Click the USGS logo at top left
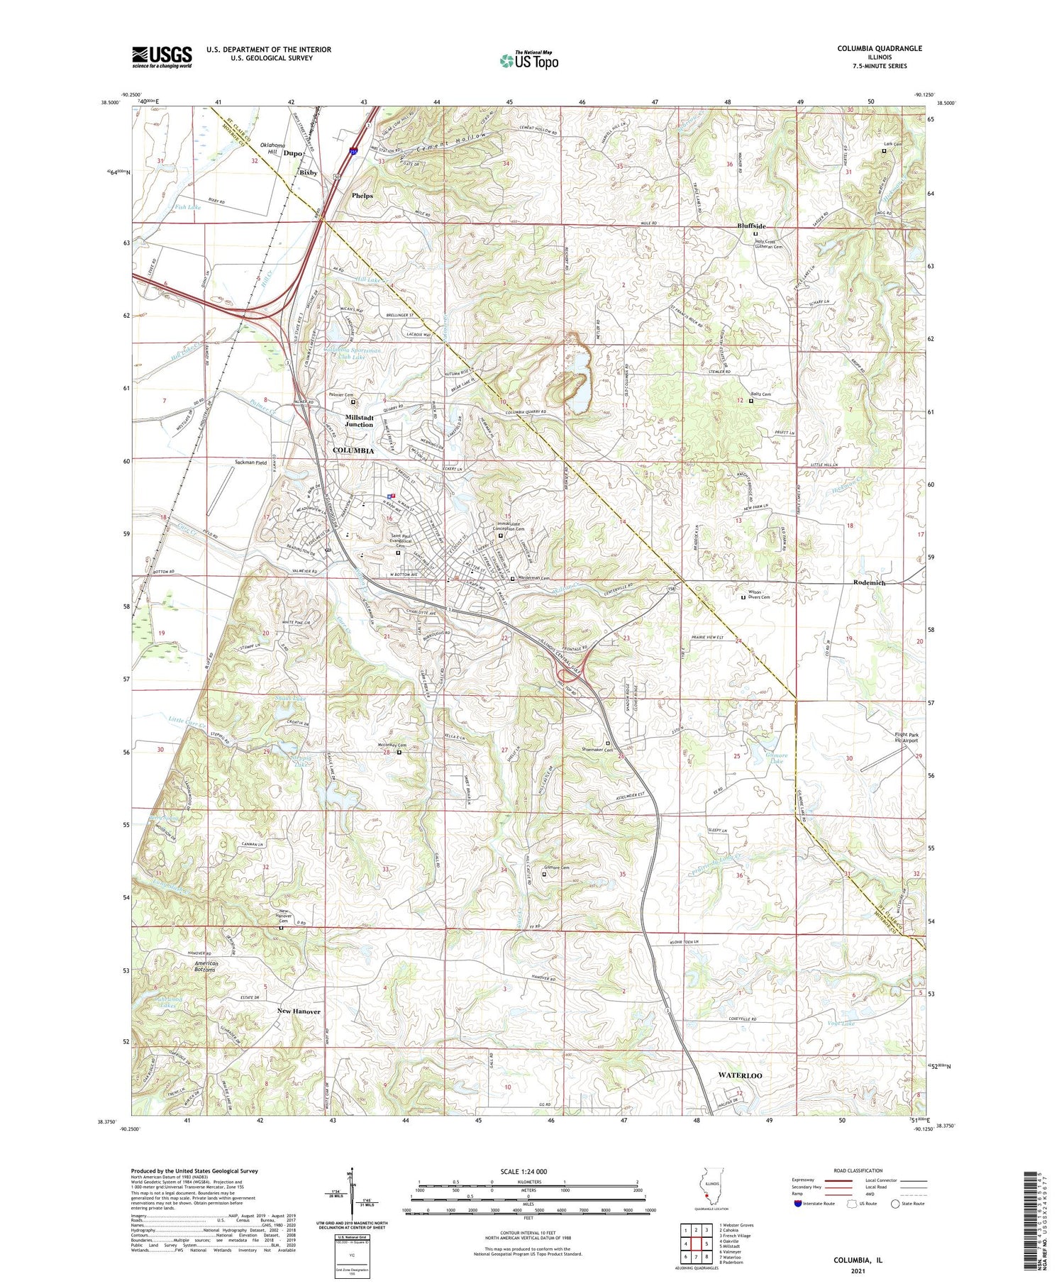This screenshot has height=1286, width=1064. click(162, 57)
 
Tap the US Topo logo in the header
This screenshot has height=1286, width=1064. click(528, 60)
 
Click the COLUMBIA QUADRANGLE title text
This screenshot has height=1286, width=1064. click(879, 48)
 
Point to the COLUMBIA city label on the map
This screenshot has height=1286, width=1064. click(353, 450)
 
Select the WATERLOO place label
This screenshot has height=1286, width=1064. click(740, 1075)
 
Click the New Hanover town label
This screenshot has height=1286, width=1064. click(299, 1011)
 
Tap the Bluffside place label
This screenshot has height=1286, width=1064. click(750, 226)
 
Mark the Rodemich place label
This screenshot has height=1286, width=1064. click(869, 582)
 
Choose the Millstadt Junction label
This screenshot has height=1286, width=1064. click(359, 421)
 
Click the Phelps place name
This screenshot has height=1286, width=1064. click(362, 195)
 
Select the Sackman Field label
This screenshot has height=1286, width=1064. click(251, 462)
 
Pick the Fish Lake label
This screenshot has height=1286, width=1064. click(188, 207)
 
